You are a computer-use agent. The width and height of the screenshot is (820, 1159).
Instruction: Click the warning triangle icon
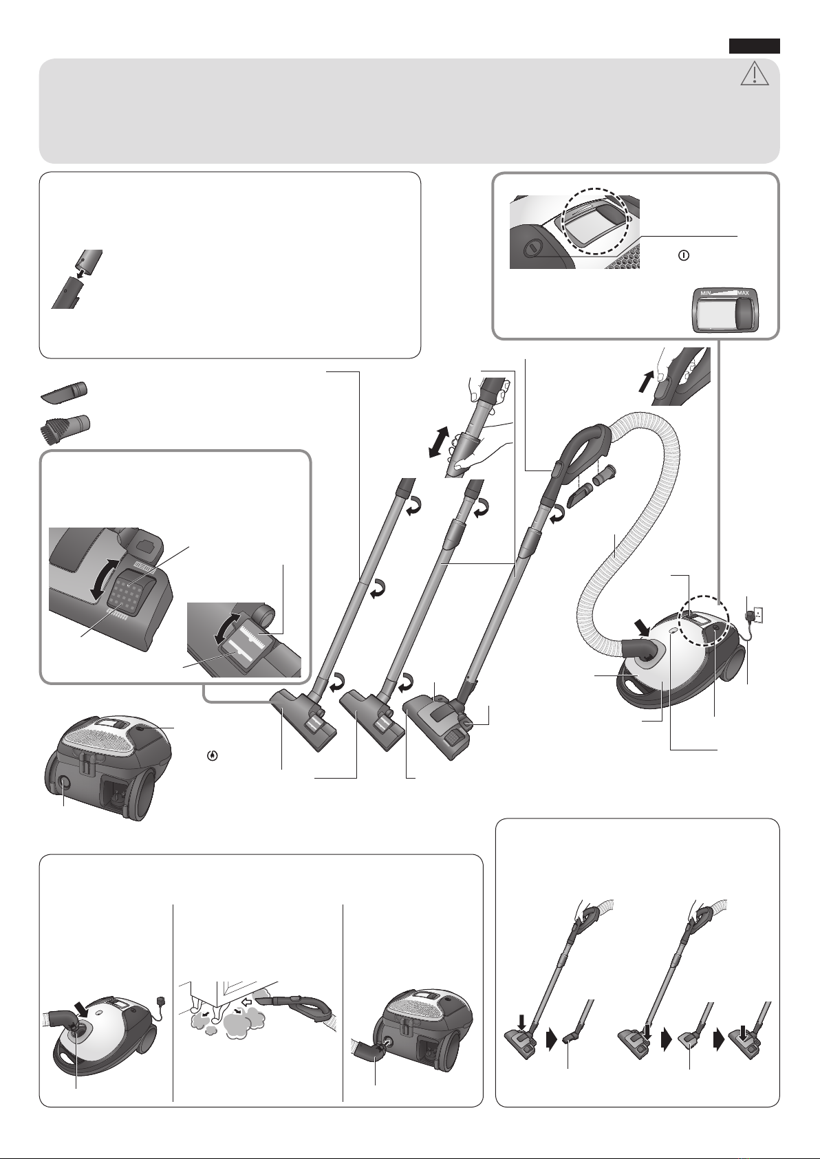coord(755,73)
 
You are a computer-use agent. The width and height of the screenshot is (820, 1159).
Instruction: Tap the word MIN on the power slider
coord(706,293)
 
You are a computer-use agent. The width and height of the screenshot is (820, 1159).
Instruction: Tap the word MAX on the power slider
coord(743,293)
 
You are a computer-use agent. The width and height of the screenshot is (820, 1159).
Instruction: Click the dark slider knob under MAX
coord(744,313)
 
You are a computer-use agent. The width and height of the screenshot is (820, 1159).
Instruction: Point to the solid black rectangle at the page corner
coord(754,46)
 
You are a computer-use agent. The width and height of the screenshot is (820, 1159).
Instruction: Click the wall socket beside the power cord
coord(757,615)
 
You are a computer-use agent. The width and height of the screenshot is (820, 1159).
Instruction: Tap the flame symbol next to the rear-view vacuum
coord(212,755)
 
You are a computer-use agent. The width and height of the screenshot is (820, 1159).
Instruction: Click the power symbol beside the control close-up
coord(683,255)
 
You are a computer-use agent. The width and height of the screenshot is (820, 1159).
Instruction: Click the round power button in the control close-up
coord(530,249)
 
